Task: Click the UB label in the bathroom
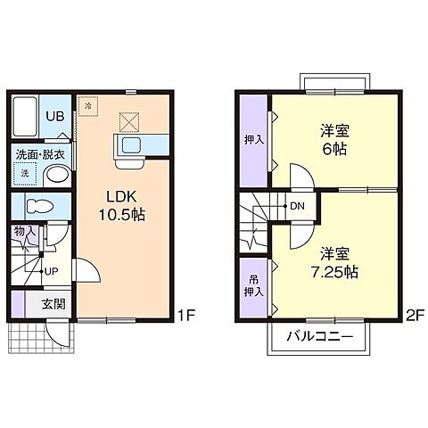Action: (55, 116)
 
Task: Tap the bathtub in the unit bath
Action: (25, 116)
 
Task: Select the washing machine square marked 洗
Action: (25, 173)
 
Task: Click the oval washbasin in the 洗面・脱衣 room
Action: (59, 175)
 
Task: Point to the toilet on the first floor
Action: (39, 206)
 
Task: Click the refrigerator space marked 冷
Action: (87, 106)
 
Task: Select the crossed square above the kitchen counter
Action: (129, 122)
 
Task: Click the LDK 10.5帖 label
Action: (122, 205)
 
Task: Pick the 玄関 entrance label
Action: (53, 304)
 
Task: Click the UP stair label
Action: (51, 271)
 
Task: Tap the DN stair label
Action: (297, 206)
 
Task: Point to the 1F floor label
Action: (186, 316)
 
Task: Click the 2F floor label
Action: (415, 316)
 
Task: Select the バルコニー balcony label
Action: (320, 337)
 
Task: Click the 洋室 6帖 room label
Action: (334, 140)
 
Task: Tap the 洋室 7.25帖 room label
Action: (334, 262)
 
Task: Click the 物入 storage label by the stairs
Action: (25, 231)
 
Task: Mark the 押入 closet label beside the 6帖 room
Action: (254, 139)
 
